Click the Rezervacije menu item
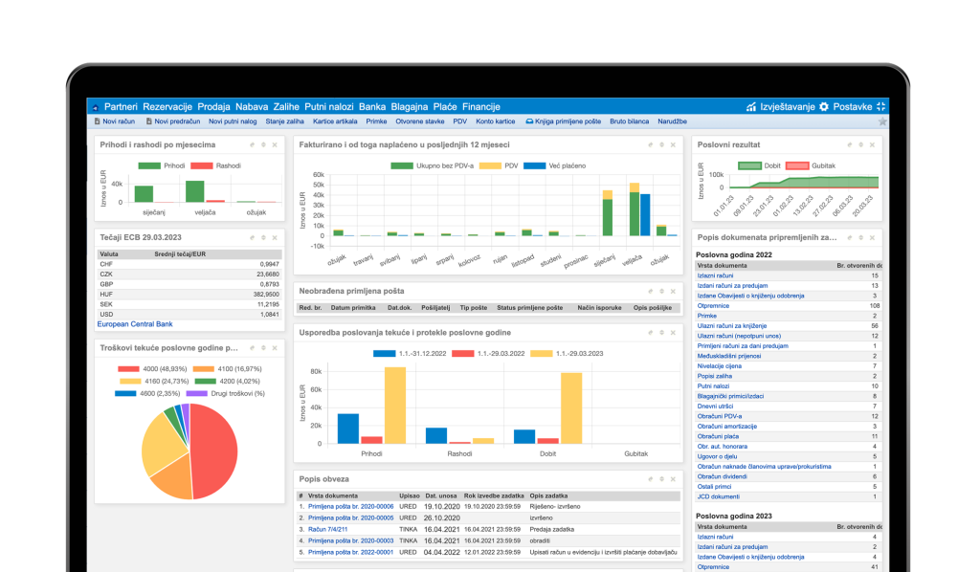(x=167, y=106)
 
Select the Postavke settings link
(x=852, y=106)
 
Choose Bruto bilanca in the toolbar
(x=629, y=121)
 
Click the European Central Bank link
(x=135, y=324)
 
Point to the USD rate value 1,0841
(x=268, y=314)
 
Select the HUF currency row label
(x=106, y=294)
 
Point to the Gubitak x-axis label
(x=635, y=453)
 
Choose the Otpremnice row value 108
(x=874, y=305)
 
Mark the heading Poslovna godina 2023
(x=734, y=516)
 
